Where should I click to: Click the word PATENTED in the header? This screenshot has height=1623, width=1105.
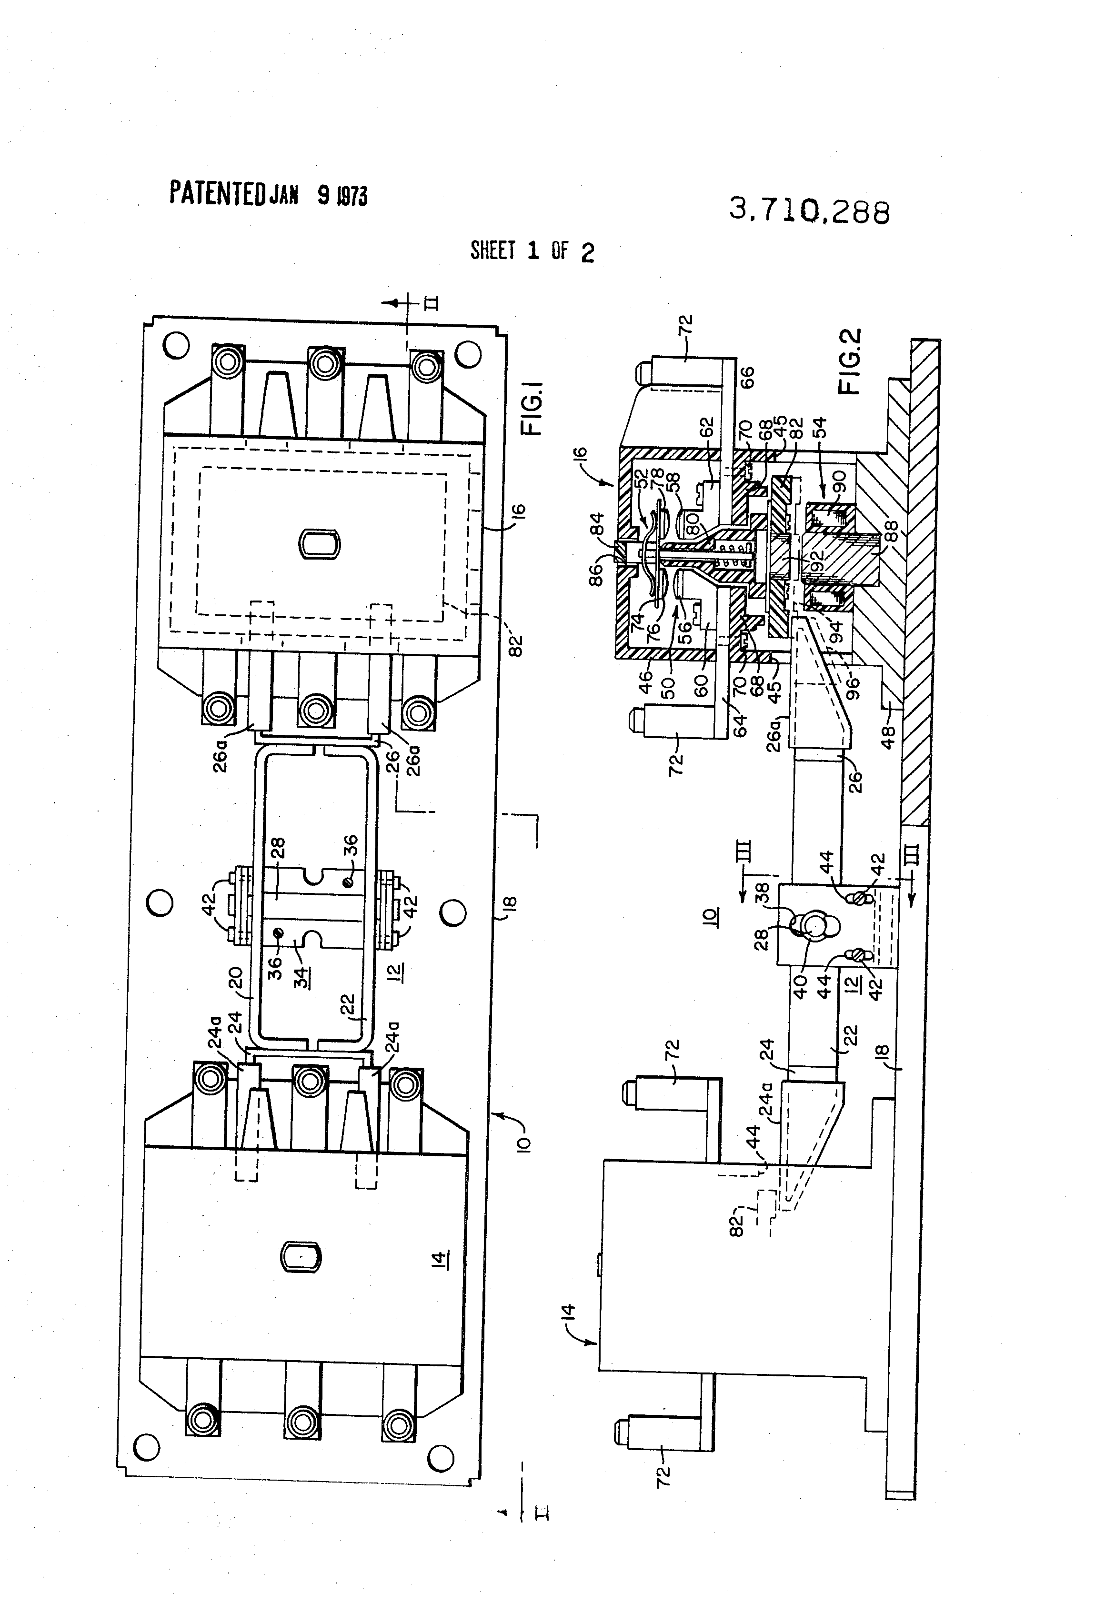click(x=217, y=193)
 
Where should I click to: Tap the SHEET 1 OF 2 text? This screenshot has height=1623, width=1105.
click(x=532, y=250)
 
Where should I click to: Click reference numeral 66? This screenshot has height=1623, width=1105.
click(x=747, y=378)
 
